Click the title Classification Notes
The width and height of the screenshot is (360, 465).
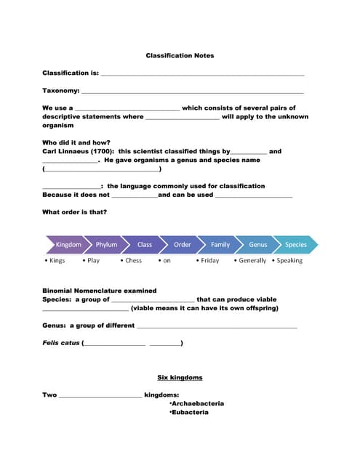tap(180, 56)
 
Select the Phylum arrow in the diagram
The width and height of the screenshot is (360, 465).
tap(106, 245)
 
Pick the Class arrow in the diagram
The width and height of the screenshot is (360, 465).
tap(145, 245)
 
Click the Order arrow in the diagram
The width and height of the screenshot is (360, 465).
tap(183, 245)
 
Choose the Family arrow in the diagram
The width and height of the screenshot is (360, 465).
tap(220, 245)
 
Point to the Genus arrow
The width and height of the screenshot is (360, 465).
tap(258, 245)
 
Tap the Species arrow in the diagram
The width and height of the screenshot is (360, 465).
tap(296, 245)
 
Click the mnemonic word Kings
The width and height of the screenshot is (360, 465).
tap(57, 261)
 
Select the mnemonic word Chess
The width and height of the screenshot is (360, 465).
tap(133, 261)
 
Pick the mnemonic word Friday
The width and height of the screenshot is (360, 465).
tap(209, 261)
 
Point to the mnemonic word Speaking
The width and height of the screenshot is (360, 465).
tap(289, 261)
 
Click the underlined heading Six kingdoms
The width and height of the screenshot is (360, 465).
tap(180, 378)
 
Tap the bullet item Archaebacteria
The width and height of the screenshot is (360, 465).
tap(197, 403)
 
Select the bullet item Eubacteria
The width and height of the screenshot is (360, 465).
tap(190, 412)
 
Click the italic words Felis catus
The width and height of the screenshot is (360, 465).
tap(61, 343)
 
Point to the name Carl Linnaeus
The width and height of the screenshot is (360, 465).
tap(67, 151)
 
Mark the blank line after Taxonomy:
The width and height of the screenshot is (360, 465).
tap(192, 91)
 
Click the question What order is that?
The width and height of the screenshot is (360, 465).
tap(75, 212)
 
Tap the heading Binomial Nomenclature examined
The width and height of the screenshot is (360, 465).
tap(99, 291)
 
